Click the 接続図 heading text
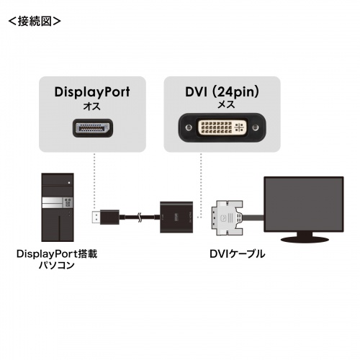pos(34,20)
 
